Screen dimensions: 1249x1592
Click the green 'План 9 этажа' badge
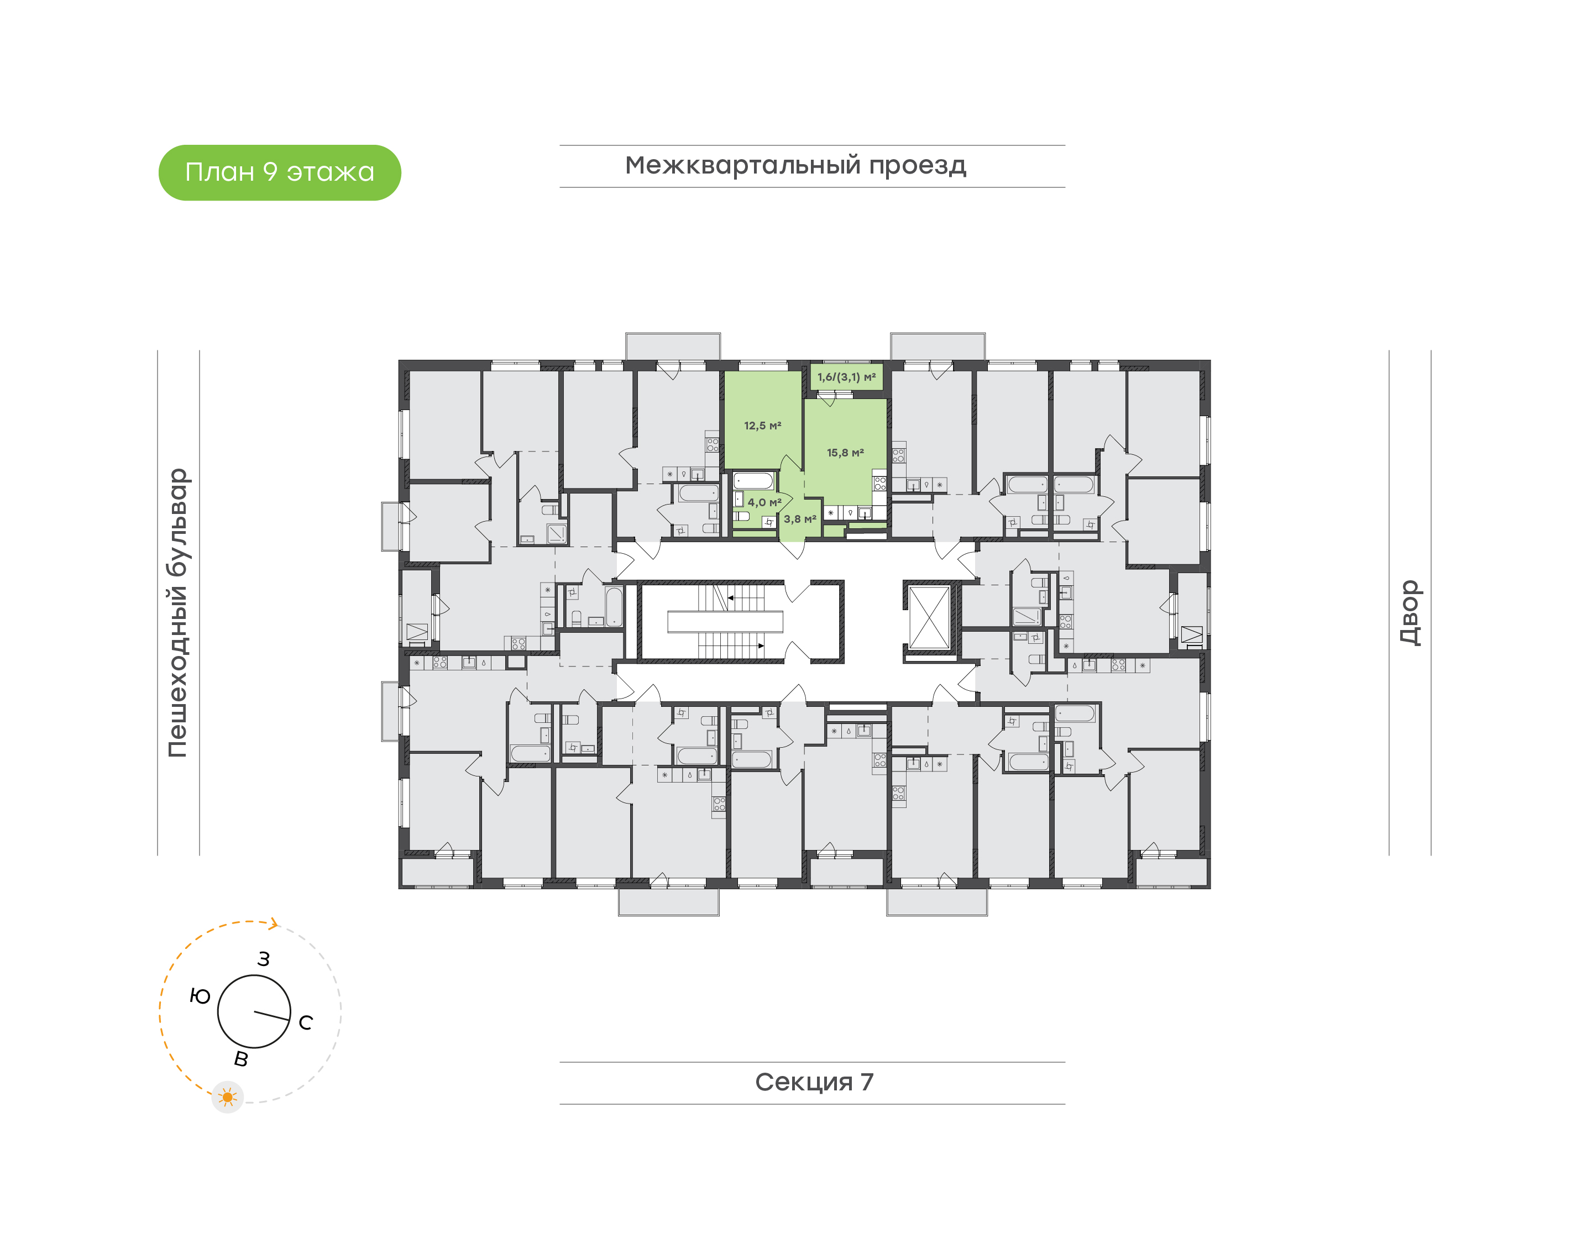tap(279, 172)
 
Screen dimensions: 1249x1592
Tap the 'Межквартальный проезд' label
tap(795, 165)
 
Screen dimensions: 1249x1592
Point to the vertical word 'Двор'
tap(1409, 612)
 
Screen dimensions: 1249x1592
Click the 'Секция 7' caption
tap(814, 1082)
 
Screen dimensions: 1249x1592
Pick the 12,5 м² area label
tap(762, 426)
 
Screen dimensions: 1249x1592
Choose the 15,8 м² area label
tap(845, 453)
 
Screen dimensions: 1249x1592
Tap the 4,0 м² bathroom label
tap(763, 502)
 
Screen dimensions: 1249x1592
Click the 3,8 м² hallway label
tap(799, 519)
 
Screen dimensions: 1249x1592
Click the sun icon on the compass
tap(227, 1097)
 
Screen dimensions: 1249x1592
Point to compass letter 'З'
tap(263, 959)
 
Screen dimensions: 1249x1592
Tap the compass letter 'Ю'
tap(200, 996)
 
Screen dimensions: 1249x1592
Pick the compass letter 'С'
tap(306, 1022)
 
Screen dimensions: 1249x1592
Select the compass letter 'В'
tap(240, 1059)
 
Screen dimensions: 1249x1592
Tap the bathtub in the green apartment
tap(753, 482)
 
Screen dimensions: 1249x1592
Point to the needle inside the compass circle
tap(271, 1016)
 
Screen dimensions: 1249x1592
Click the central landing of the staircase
tap(725, 622)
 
